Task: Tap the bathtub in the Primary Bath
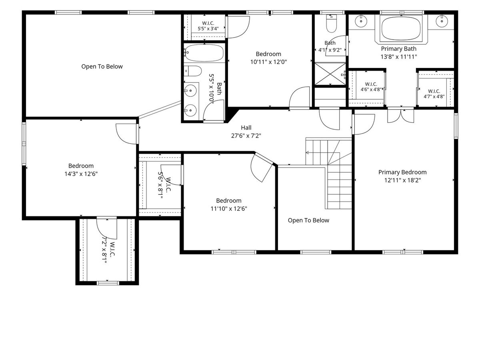click(401, 28)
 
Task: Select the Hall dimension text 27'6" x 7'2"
click(246, 136)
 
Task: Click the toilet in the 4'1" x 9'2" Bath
click(331, 24)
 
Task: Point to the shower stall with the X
click(330, 74)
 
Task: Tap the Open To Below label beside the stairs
click(308, 220)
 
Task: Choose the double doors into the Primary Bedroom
click(401, 115)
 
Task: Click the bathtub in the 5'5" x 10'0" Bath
click(204, 53)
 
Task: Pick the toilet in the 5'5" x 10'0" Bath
click(193, 71)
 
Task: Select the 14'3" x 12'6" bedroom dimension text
click(81, 174)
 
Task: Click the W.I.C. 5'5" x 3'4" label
click(208, 26)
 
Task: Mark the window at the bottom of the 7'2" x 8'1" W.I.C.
click(108, 283)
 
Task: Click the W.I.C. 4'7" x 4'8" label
click(434, 94)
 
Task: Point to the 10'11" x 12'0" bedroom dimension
click(268, 62)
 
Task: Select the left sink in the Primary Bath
click(361, 21)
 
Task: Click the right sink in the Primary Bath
click(442, 21)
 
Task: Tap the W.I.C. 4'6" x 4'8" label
click(371, 87)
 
